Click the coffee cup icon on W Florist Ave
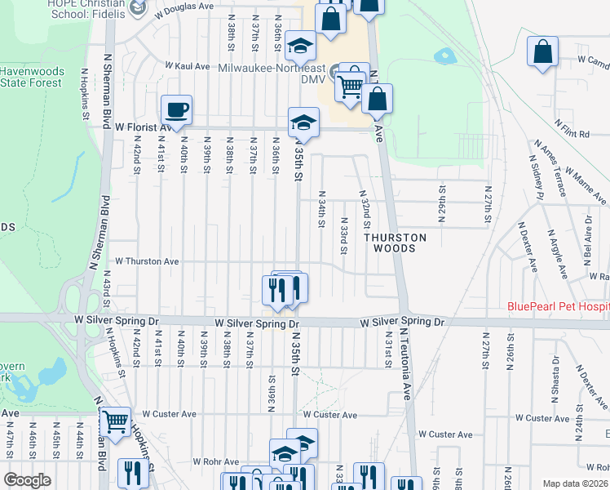[175, 109]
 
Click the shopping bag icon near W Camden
[542, 53]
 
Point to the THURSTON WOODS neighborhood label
[395, 243]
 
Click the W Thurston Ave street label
[147, 261]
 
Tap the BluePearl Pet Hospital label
[558, 307]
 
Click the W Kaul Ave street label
[189, 65]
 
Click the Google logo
[28, 480]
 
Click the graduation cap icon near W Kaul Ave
[300, 48]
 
